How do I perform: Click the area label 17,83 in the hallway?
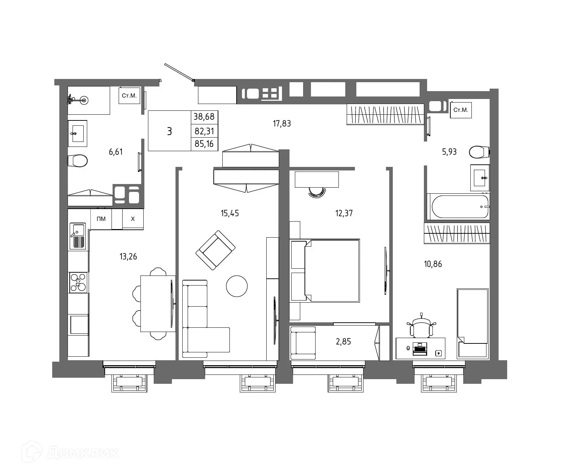282,124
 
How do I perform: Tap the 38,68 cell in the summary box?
204,116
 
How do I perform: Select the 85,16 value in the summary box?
204,144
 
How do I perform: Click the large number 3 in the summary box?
169,131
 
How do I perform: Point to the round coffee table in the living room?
237,286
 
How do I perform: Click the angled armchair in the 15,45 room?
216,250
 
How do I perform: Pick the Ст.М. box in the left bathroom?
129,96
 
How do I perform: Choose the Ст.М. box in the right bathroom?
461,110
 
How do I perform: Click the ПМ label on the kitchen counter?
101,219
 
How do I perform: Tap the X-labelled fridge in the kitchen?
133,219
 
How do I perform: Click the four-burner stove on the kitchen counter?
78,282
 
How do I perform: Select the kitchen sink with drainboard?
78,236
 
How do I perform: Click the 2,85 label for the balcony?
343,342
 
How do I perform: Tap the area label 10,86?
433,264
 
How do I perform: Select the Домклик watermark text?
82,453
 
